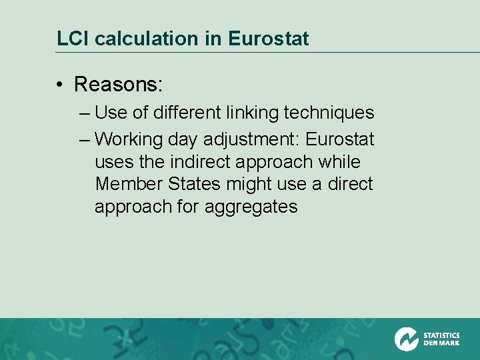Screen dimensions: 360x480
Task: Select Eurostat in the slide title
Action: click(x=268, y=39)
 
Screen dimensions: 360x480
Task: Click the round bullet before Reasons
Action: click(x=60, y=85)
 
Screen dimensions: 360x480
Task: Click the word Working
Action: click(x=129, y=140)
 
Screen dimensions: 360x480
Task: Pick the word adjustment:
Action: click(x=242, y=140)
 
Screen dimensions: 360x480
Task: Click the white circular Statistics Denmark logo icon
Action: click(x=406, y=339)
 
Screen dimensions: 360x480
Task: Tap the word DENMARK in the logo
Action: click(x=441, y=343)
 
